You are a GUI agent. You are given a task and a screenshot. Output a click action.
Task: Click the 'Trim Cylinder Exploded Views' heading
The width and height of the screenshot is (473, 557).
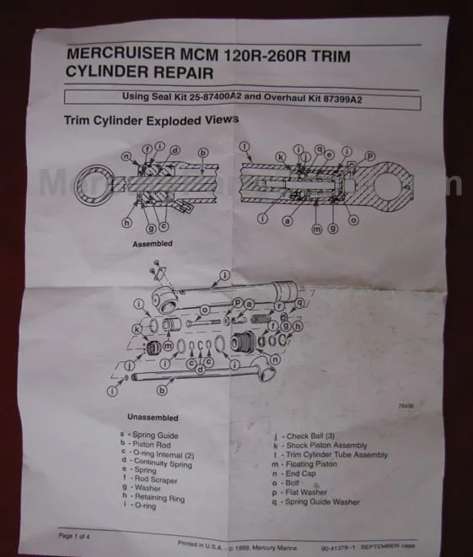point(151,120)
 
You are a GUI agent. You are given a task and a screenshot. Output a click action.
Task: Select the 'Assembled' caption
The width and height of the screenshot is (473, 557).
point(152,243)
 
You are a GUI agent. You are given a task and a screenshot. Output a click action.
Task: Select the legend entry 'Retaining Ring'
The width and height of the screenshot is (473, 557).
point(159,496)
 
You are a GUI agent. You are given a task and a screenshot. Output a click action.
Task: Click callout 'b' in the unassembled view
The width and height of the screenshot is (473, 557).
point(172,390)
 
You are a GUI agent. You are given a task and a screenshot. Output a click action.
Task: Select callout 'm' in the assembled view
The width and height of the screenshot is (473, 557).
point(316,229)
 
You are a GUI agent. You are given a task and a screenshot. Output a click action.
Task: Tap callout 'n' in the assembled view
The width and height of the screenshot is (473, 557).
point(126,156)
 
